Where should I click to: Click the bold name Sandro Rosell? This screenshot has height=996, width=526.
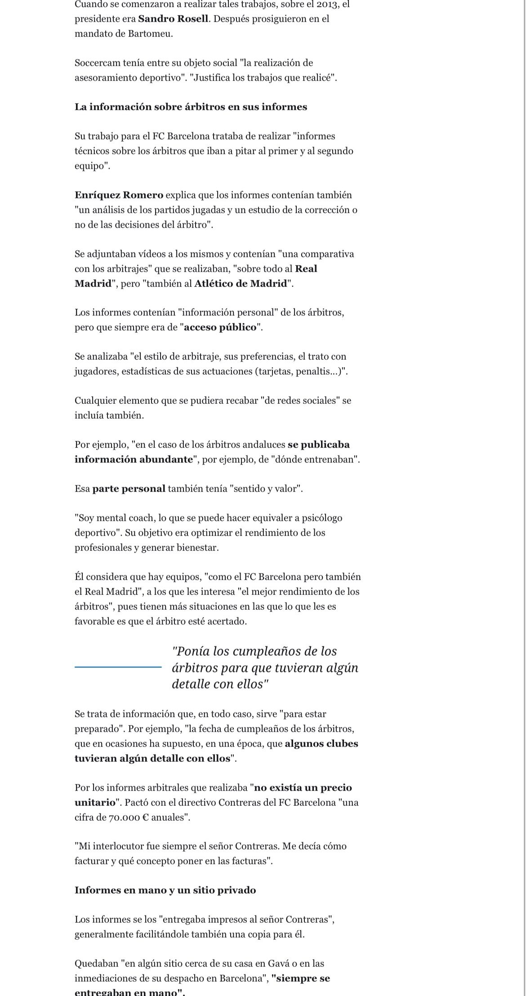point(173,19)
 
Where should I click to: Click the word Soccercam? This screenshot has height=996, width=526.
point(97,63)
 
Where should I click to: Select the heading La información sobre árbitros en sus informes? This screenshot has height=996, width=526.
point(191,107)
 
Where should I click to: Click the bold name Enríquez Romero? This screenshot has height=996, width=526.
point(119,195)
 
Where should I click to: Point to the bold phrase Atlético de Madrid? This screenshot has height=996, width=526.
point(241,284)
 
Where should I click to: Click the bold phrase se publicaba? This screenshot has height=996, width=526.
point(318,445)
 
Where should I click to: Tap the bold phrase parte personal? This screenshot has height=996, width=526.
point(129,489)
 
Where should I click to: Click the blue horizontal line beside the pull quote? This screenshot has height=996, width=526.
point(118,667)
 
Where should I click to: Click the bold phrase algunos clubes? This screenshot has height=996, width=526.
point(321,744)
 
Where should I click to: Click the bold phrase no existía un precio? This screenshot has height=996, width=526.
point(303,788)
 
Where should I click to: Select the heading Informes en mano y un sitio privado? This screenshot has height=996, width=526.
point(165,890)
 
